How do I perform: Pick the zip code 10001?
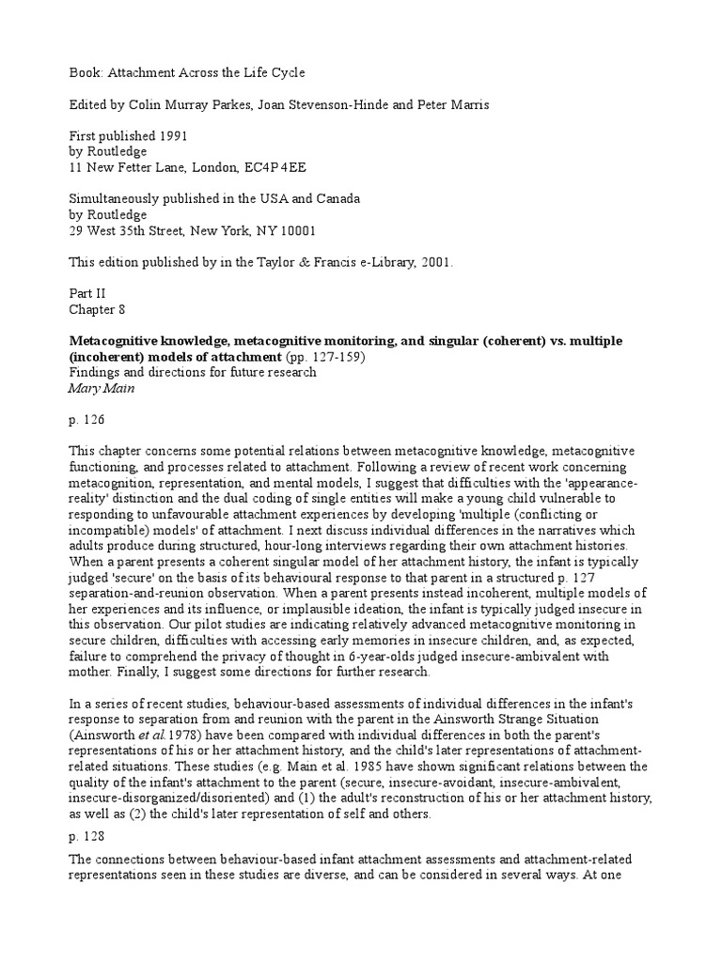coord(293,230)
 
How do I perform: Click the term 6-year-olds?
coord(383,656)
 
